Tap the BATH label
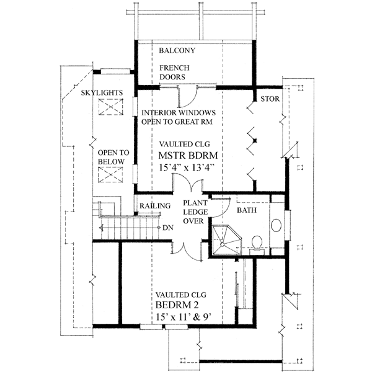coord(247,211)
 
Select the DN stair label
coord(167,228)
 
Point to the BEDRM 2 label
coord(178,307)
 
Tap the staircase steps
coord(127,226)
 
